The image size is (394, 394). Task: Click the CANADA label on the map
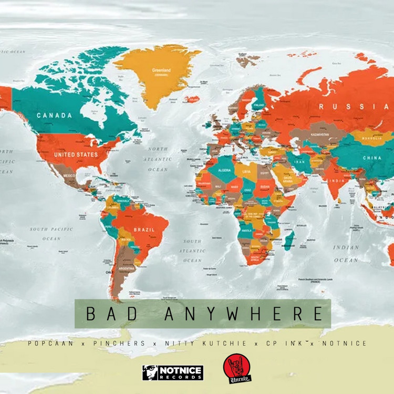tap(54, 116)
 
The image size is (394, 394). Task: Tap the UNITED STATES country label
tap(76, 154)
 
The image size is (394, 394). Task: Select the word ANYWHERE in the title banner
tap(243, 314)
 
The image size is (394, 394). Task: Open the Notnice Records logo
tap(172, 372)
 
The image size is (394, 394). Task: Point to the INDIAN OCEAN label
tap(346, 253)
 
